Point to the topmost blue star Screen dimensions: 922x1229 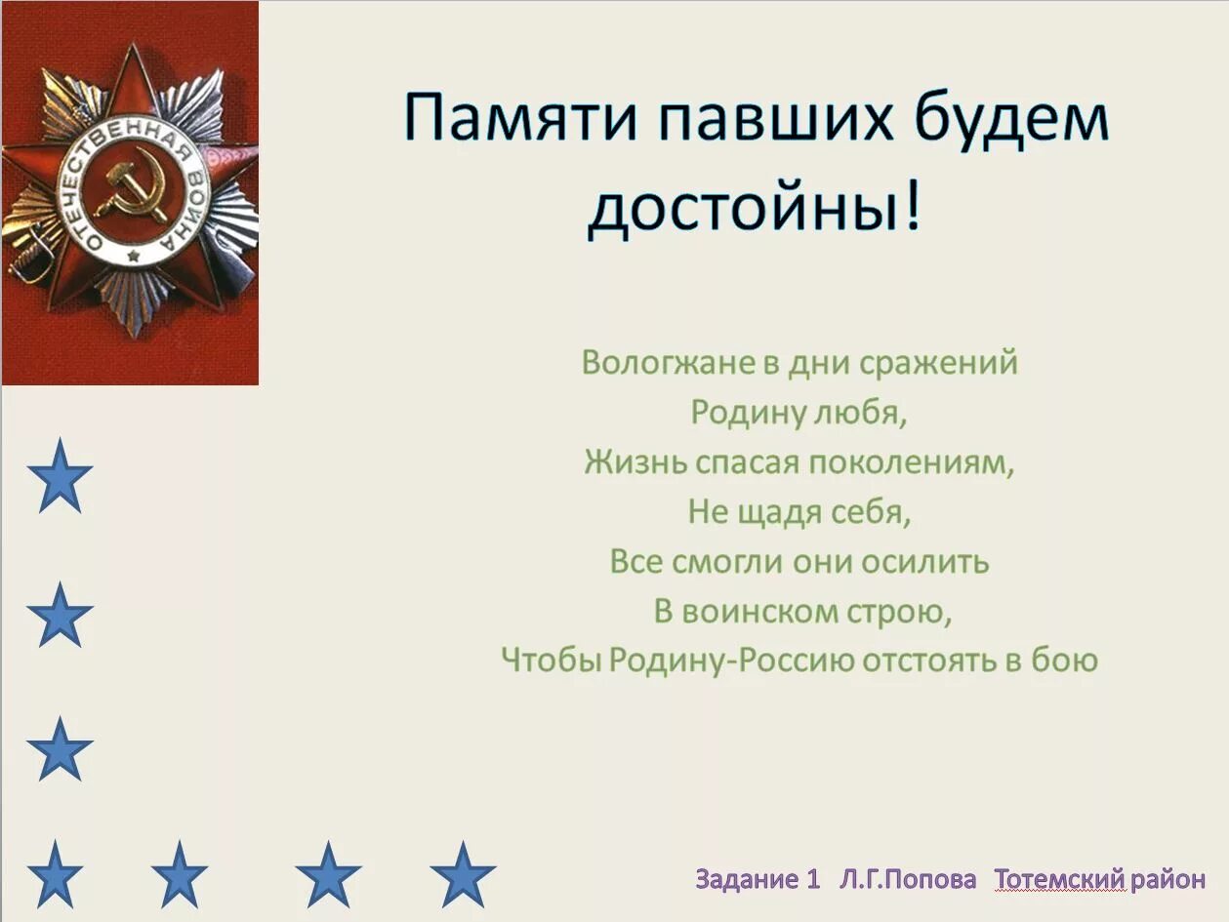(x=60, y=476)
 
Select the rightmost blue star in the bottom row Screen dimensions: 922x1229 (x=463, y=874)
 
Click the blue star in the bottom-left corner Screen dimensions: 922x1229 (x=56, y=874)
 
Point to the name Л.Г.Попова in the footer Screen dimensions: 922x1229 (x=908, y=879)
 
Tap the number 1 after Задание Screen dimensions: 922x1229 (x=813, y=879)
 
